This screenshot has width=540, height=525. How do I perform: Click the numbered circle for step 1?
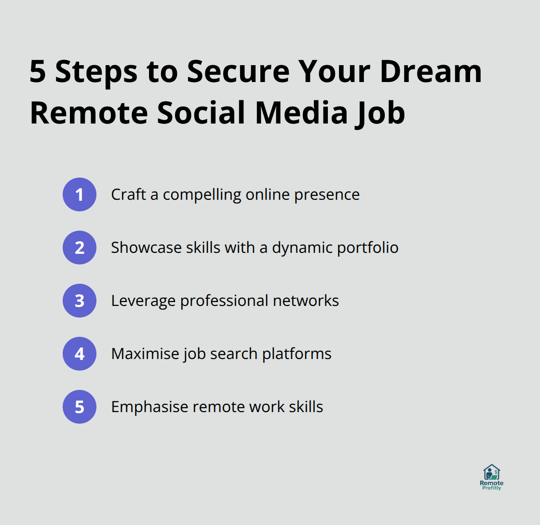tap(80, 194)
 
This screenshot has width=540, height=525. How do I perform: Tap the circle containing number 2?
tap(80, 248)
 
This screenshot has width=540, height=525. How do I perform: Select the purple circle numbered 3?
tap(80, 301)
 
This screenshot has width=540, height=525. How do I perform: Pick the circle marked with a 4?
tap(80, 354)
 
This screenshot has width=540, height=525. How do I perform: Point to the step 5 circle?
tap(80, 407)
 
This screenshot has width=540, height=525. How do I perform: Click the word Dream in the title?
tap(431, 71)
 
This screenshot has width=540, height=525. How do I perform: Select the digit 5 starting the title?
tap(38, 71)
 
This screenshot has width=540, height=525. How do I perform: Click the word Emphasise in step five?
tap(149, 407)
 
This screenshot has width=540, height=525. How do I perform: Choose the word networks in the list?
tap(306, 301)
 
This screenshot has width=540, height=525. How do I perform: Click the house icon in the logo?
tap(491, 472)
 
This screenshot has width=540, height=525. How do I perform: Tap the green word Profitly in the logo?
tap(491, 488)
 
